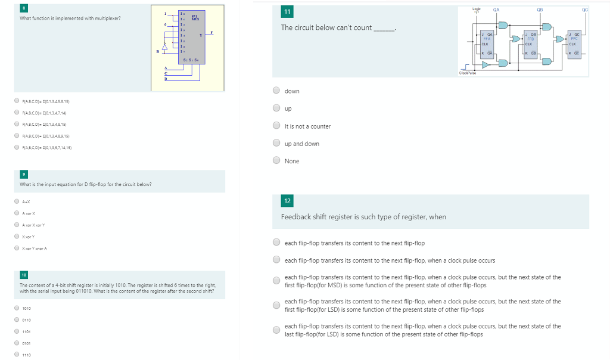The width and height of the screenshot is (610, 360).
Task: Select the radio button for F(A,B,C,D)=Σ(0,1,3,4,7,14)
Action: point(17,113)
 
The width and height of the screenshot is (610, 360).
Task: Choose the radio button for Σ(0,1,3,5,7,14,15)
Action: point(17,147)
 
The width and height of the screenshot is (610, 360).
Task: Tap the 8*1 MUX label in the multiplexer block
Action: point(194,18)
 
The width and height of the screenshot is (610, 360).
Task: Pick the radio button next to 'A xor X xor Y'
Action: point(17,225)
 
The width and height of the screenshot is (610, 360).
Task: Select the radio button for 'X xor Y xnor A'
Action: point(17,248)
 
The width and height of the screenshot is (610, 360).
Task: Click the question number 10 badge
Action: point(23,275)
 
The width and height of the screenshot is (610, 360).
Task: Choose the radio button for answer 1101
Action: point(17,331)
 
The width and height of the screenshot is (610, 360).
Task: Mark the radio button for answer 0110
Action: point(17,319)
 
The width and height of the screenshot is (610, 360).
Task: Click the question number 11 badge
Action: point(288,12)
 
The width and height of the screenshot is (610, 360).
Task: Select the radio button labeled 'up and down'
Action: point(276,143)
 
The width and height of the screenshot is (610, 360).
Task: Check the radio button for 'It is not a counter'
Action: point(276,126)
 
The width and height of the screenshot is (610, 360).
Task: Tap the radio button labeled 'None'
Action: point(276,160)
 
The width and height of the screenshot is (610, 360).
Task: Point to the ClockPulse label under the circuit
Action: point(467,73)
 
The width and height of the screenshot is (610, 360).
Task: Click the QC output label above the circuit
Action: point(584,10)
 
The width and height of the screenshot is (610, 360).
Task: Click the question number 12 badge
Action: point(288,201)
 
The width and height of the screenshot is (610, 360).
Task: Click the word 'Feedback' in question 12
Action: point(295,217)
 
